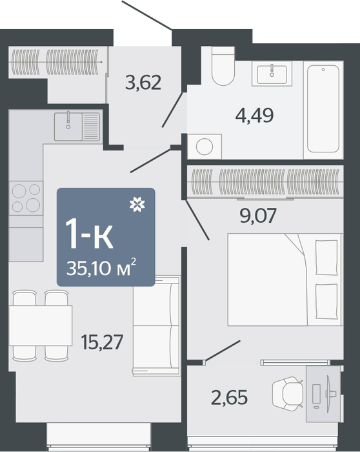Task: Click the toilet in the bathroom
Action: pyautogui.click(x=223, y=66)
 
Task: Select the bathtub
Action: pyautogui.click(x=323, y=110)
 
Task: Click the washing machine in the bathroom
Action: pyautogui.click(x=205, y=147)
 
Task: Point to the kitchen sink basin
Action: pyautogui.click(x=68, y=127)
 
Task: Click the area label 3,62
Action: pyautogui.click(x=143, y=83)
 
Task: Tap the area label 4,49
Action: pyautogui.click(x=254, y=116)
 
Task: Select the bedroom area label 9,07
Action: pyautogui.click(x=258, y=215)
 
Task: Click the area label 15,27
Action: pyautogui.click(x=102, y=342)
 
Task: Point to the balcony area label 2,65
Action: pyautogui.click(x=229, y=398)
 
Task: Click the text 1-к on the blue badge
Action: pyautogui.click(x=89, y=234)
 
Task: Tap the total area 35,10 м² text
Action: pyautogui.click(x=101, y=267)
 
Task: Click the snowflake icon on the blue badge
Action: pyautogui.click(x=137, y=205)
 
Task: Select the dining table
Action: pyautogui.click(x=40, y=325)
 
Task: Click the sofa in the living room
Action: pyautogui.click(x=157, y=325)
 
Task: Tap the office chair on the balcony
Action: pyautogui.click(x=288, y=393)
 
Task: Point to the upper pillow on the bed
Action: pyautogui.click(x=326, y=258)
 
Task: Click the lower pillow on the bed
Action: pyautogui.click(x=326, y=302)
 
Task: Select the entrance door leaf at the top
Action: pyautogui.click(x=147, y=15)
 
